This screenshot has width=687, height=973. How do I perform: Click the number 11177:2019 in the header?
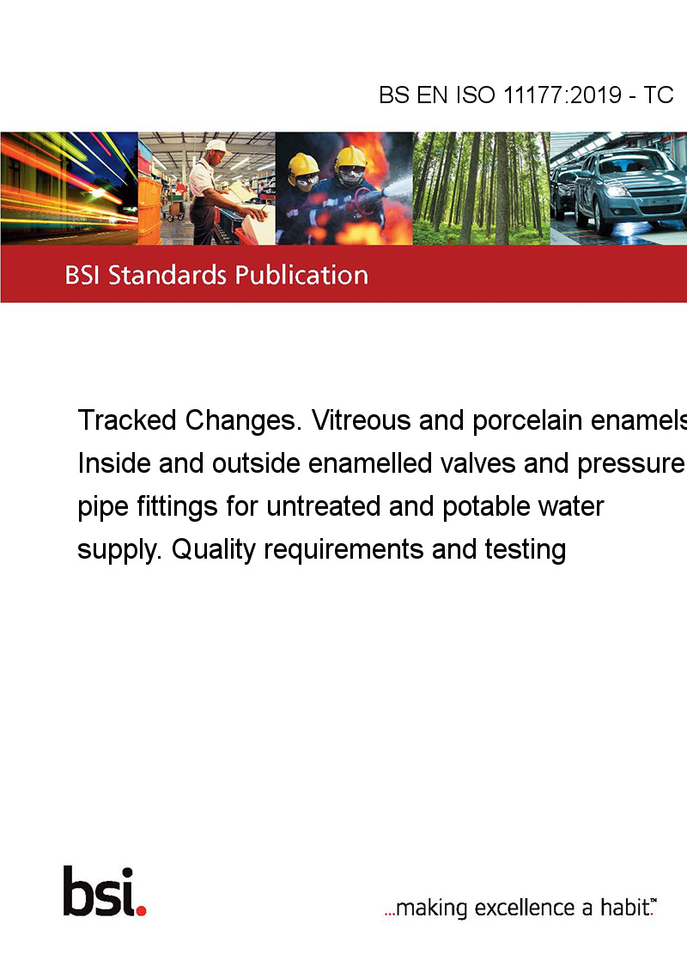[562, 95]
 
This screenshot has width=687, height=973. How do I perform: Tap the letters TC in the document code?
[658, 95]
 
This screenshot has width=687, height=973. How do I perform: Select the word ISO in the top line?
[476, 95]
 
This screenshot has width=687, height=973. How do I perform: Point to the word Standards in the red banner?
[167, 275]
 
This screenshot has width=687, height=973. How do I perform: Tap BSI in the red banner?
[82, 275]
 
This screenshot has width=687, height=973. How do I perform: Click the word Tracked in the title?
[127, 420]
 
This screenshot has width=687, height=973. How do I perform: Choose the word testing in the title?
[526, 550]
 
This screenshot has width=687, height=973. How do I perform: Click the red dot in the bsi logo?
[141, 910]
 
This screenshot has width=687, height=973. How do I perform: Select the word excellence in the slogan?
[525, 908]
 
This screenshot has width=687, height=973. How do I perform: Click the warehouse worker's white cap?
[217, 146]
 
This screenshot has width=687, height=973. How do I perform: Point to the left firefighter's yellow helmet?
[303, 165]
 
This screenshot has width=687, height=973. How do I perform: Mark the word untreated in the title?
[323, 506]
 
